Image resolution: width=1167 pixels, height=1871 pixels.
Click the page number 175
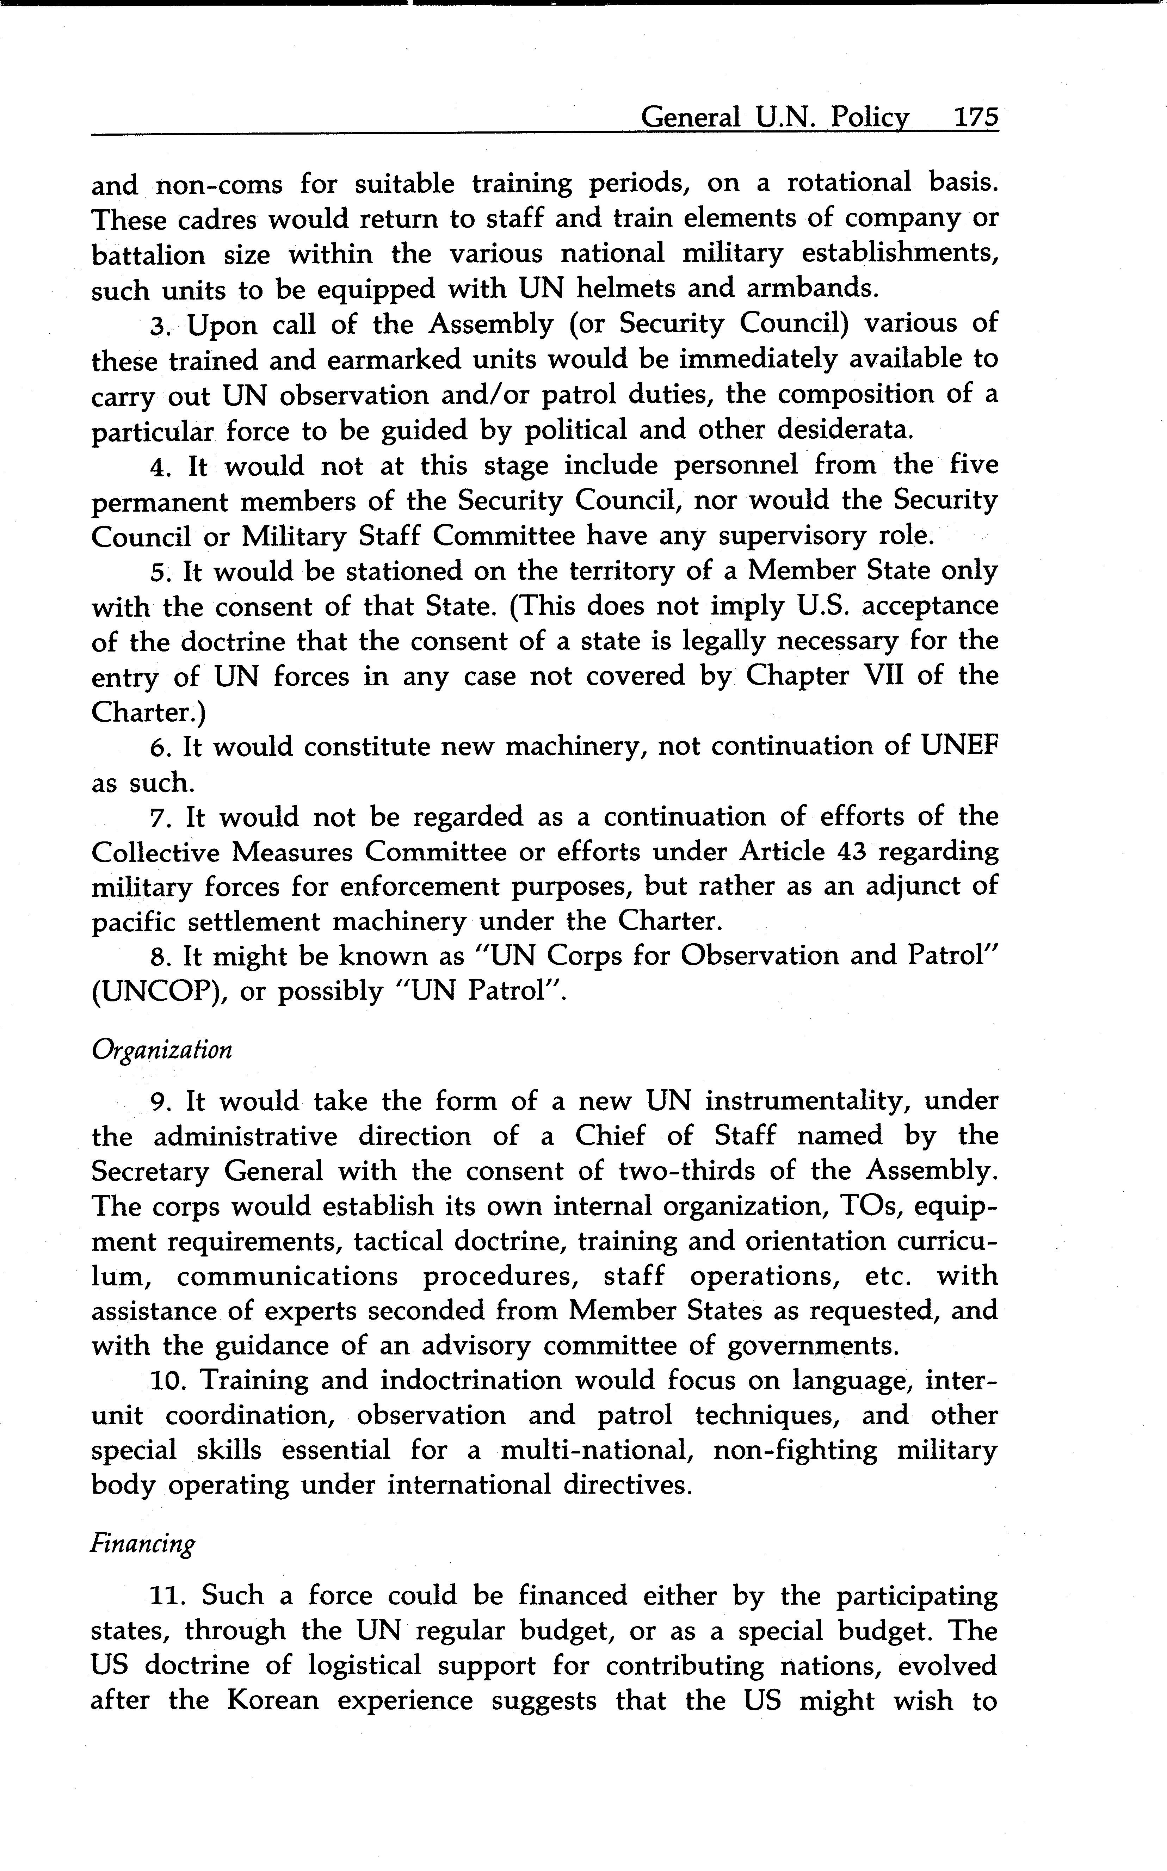pos(976,117)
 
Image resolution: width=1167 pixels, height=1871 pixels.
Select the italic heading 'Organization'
pos(161,1050)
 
